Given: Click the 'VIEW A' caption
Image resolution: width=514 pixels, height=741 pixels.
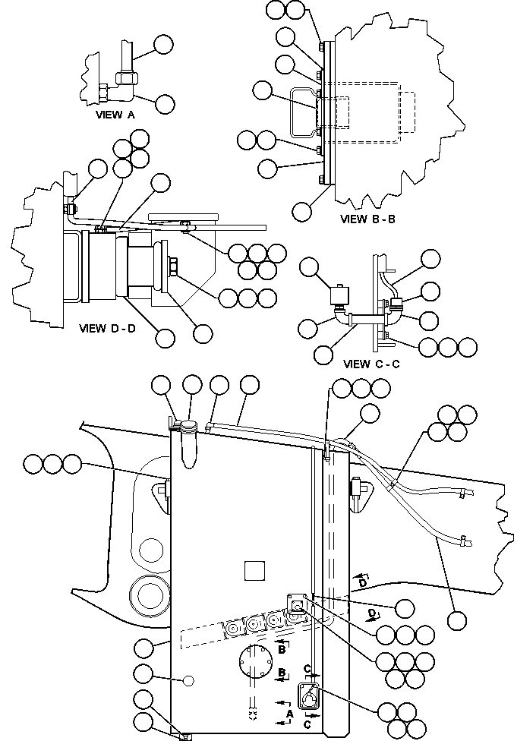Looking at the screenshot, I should [115, 115].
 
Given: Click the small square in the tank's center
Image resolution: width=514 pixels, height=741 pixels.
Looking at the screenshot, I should [255, 569].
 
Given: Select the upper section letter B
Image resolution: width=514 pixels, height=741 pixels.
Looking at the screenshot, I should [281, 650].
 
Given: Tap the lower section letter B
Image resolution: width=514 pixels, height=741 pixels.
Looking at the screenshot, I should [281, 673].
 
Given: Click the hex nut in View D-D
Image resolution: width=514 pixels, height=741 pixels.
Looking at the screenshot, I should [171, 267].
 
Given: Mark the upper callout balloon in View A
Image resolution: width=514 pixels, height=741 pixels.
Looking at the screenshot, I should [163, 45].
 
